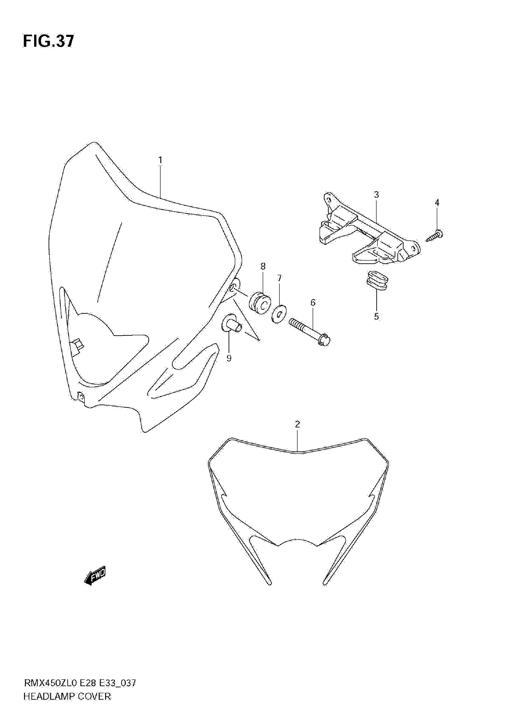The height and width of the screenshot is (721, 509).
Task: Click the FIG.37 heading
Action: point(49,41)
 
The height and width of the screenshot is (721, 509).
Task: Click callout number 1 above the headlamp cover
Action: point(160,160)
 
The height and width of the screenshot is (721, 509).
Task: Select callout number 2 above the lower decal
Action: point(297,424)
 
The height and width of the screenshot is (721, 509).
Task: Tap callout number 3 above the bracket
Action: point(376,195)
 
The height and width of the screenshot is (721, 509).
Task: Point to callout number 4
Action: point(437,203)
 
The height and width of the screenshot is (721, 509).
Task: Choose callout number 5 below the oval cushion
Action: point(376,316)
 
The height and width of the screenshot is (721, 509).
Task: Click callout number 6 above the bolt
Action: point(313,302)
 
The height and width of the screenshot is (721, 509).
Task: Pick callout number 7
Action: point(279,278)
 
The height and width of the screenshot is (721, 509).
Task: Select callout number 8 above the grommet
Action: point(263,266)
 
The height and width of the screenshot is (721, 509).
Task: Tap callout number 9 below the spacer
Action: point(229,358)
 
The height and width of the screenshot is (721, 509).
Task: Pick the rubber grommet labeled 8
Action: point(260,303)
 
